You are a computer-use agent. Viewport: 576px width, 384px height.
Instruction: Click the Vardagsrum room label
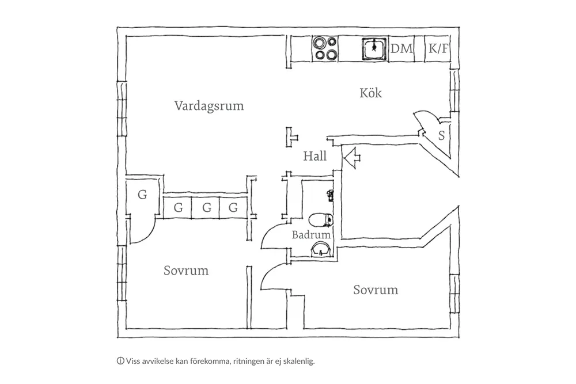click(x=209, y=106)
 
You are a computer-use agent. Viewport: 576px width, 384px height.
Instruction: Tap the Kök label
click(x=371, y=93)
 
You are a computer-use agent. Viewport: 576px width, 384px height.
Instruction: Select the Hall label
click(x=315, y=156)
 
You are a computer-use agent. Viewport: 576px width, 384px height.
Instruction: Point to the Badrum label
click(x=311, y=235)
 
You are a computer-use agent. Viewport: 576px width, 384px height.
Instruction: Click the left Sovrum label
click(x=185, y=271)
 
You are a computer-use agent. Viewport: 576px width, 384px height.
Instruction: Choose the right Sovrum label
click(x=376, y=290)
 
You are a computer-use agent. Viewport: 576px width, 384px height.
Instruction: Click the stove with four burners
click(x=325, y=48)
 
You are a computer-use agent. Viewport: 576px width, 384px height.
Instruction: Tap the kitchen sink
click(x=374, y=48)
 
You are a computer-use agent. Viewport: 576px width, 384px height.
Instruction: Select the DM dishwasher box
click(x=402, y=49)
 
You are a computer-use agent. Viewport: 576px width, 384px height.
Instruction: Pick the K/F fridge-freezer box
click(x=438, y=49)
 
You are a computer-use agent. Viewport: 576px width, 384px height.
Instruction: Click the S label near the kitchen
click(x=441, y=136)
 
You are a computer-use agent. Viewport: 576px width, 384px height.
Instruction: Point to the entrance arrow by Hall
click(x=351, y=155)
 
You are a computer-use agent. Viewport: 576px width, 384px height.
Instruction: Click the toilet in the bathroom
click(x=320, y=219)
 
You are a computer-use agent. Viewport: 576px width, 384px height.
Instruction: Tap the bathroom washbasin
click(x=320, y=249)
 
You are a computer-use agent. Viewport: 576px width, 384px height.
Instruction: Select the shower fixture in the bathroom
click(x=329, y=194)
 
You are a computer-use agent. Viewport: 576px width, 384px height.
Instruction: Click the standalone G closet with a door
click(x=142, y=195)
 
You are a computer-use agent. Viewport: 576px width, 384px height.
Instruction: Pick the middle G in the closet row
click(x=206, y=208)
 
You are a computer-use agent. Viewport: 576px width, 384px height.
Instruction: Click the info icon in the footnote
click(x=120, y=361)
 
